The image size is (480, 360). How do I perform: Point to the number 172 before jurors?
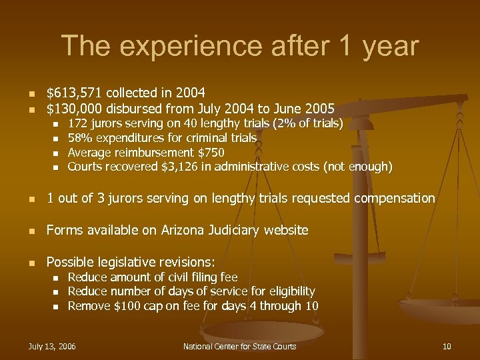[x=77, y=123]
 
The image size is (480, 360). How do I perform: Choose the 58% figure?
[x=79, y=138]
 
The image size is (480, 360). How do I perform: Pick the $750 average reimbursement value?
[x=212, y=152]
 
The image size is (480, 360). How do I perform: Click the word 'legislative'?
[x=133, y=262]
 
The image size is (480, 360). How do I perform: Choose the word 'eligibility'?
[x=287, y=291]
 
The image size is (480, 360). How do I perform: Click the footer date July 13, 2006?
[x=52, y=346]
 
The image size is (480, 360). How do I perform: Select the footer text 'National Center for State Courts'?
[x=239, y=346]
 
